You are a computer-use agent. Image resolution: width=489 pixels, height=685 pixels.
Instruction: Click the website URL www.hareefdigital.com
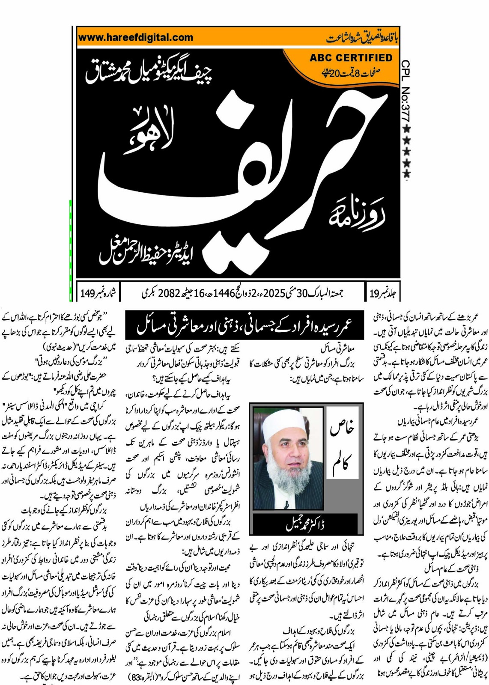[136, 38]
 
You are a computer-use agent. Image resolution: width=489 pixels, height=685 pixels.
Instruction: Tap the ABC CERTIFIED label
[351, 58]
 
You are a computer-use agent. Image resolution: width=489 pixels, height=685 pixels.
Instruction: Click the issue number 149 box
[98, 293]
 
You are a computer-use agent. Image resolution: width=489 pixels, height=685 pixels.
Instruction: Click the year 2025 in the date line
[274, 294]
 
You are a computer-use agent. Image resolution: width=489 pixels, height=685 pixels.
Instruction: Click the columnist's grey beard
[288, 479]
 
